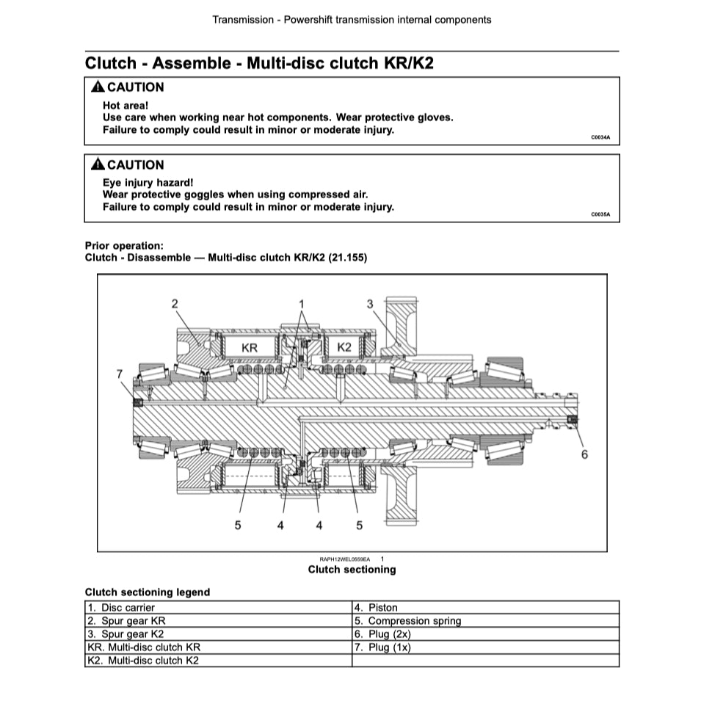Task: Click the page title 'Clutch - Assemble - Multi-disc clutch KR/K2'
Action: coord(259,62)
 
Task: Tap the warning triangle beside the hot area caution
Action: coord(98,87)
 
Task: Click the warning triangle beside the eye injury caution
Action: coord(98,165)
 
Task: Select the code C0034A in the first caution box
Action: coord(600,137)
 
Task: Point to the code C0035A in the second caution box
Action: coord(600,215)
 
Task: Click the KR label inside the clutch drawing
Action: coord(250,347)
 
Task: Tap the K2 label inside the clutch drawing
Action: coord(344,346)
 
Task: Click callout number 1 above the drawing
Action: coord(301,303)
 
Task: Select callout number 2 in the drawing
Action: coord(175,303)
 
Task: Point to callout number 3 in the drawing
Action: coord(370,303)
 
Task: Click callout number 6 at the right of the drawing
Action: coord(584,454)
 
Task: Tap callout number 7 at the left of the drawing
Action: coord(120,374)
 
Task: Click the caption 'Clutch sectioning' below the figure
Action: coord(352,570)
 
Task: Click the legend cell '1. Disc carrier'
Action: coord(121,608)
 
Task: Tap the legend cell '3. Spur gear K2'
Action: coord(126,634)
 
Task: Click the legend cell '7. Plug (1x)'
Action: coord(382,647)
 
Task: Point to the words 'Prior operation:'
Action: coord(124,246)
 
